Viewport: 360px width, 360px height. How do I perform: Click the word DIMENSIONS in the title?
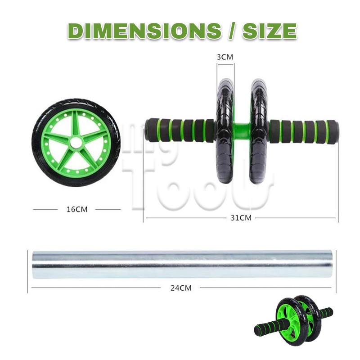144,31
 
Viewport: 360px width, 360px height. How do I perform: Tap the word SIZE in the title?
270,31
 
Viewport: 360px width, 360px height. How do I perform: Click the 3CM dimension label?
225,57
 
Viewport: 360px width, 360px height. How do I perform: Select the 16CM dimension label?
77,209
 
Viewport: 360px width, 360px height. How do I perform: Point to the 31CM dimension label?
241,218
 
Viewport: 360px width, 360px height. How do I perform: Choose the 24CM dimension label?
181,288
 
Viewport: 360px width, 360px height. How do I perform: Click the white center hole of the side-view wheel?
76,143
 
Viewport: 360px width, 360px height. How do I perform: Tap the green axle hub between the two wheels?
242,130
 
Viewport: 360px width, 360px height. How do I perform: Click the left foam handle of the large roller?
180,130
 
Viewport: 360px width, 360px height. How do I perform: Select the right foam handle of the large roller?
303,131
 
